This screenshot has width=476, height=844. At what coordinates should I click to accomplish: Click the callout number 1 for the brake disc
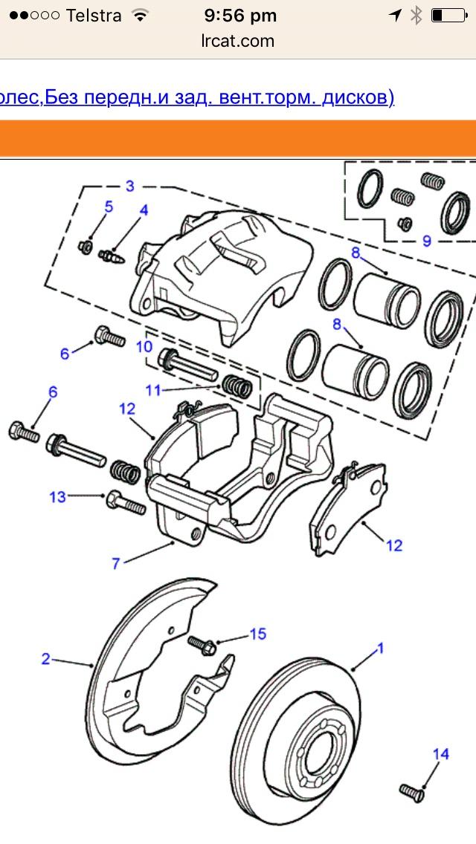[x=380, y=649]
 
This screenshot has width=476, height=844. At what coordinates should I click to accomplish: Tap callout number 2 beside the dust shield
[x=46, y=658]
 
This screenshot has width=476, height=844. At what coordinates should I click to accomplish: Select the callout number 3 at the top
[x=129, y=186]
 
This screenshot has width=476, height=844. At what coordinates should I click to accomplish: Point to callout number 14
[x=441, y=755]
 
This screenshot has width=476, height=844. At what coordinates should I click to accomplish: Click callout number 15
[x=257, y=634]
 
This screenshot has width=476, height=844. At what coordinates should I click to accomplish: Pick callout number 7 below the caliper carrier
[x=116, y=564]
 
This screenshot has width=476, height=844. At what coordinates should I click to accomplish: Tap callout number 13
[x=58, y=497]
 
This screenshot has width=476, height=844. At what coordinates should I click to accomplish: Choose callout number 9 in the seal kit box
[x=426, y=240]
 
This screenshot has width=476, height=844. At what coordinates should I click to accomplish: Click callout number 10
[x=144, y=346]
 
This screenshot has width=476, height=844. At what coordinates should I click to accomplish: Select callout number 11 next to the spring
[x=152, y=389]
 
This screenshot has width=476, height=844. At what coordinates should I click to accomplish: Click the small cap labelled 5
[x=86, y=246]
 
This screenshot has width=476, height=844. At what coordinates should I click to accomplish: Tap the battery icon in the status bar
[x=447, y=15]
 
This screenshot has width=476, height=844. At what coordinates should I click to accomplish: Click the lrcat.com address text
[x=238, y=41]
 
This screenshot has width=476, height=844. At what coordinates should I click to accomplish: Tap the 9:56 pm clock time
[x=239, y=15]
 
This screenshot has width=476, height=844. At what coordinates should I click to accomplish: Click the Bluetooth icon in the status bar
[x=417, y=15]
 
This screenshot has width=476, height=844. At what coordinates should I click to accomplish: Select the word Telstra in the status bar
[x=94, y=15]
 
